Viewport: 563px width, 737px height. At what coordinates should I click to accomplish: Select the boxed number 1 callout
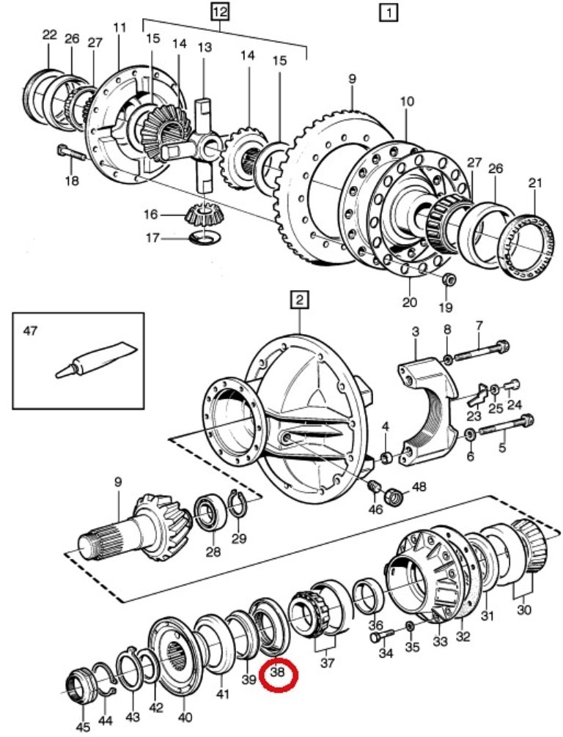click(x=388, y=12)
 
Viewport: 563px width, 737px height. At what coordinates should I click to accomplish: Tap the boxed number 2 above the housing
click(x=300, y=300)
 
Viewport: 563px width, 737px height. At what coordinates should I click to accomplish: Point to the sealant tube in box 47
click(x=97, y=359)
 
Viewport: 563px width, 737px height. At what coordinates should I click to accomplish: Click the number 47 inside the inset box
click(x=29, y=331)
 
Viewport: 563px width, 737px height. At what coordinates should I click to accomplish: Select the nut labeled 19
click(x=449, y=279)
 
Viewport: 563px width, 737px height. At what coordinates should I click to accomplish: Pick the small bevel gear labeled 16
click(x=202, y=214)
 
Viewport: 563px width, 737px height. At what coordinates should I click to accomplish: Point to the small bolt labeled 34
click(x=381, y=636)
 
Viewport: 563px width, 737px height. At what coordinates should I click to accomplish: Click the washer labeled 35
click(x=410, y=626)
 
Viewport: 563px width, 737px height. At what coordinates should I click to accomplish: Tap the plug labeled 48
click(x=394, y=497)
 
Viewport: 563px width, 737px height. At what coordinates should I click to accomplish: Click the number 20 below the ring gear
click(x=409, y=301)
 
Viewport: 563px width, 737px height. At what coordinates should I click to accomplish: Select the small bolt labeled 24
click(x=512, y=385)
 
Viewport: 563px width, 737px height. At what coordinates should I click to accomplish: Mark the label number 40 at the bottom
click(x=185, y=717)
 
